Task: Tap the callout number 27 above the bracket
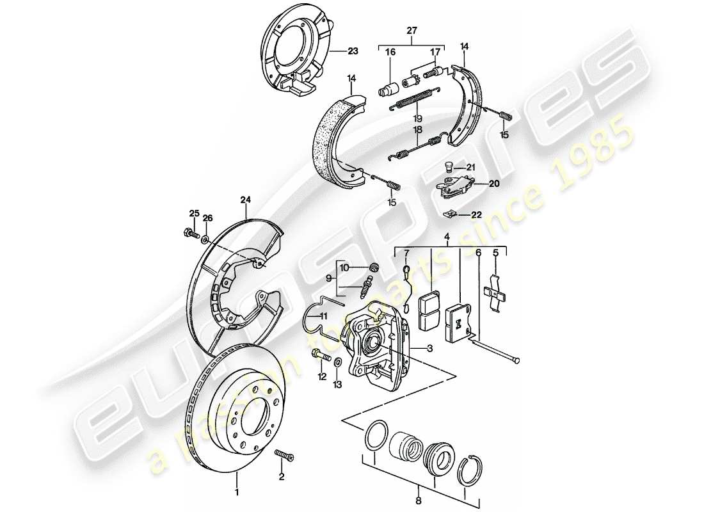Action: (x=412, y=29)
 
